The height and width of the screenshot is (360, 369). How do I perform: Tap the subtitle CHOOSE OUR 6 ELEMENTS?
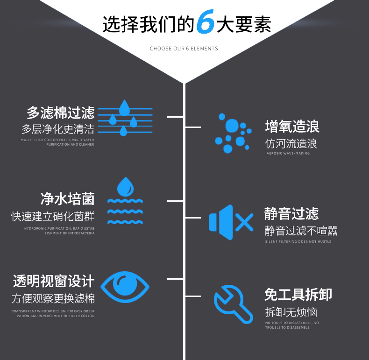(x=184, y=49)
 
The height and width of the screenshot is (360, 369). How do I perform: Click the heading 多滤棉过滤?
(x=61, y=113)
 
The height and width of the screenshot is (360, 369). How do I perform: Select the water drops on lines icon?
(x=124, y=118)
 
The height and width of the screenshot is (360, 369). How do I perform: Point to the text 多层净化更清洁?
(x=58, y=129)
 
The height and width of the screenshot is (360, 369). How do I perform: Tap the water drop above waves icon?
(x=125, y=201)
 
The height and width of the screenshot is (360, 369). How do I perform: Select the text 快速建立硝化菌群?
(x=53, y=217)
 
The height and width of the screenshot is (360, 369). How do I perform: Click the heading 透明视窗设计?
(x=54, y=281)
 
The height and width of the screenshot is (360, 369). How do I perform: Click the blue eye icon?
(x=125, y=287)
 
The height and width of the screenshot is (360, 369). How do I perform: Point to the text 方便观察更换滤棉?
(x=53, y=298)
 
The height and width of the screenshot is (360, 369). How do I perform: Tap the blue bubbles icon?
(x=232, y=133)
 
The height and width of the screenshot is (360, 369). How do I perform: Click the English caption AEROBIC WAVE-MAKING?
(x=288, y=153)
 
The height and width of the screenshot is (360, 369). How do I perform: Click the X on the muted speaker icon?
(x=244, y=223)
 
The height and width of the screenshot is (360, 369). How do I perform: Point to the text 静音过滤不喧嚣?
(x=301, y=231)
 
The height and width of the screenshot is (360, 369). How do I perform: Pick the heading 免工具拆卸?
(x=298, y=295)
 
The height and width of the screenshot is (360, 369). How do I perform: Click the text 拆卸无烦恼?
(x=291, y=311)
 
